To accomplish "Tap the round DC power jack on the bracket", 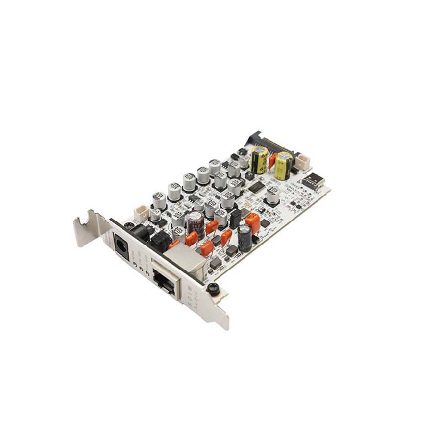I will [x=121, y=245].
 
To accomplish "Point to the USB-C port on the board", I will [x=313, y=182].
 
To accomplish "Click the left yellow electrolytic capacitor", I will [x=259, y=160].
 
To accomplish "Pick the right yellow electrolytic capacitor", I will [x=283, y=166].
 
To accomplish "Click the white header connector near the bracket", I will [x=141, y=213].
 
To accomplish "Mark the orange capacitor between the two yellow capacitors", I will [x=272, y=160].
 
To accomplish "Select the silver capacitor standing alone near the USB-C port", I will [x=272, y=194].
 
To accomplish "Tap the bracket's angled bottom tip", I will [x=223, y=321].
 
